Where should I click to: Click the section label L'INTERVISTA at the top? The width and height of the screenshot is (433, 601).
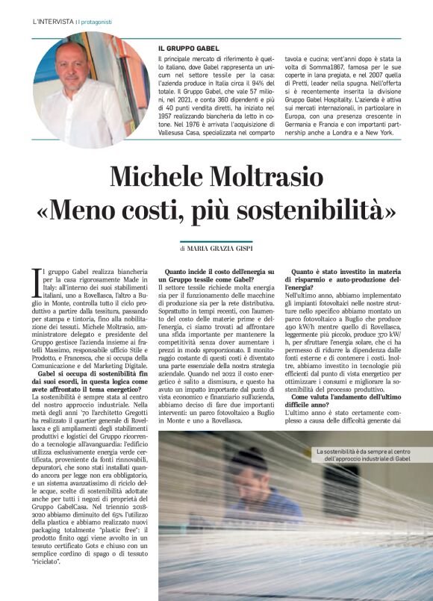pyautogui.click(x=53, y=22)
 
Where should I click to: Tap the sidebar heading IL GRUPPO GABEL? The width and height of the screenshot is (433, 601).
pyautogui.click(x=190, y=48)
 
